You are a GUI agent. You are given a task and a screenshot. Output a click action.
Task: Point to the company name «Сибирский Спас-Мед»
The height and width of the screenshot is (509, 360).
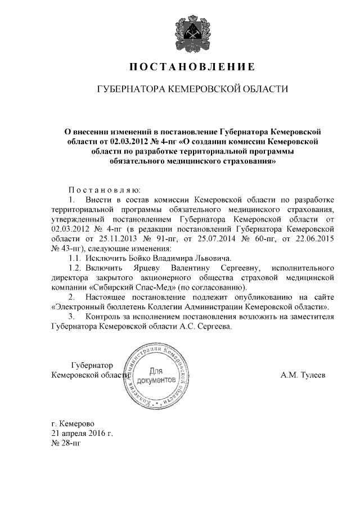(x=127, y=286)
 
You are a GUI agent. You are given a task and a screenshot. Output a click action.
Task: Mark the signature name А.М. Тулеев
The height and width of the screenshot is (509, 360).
(x=303, y=374)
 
